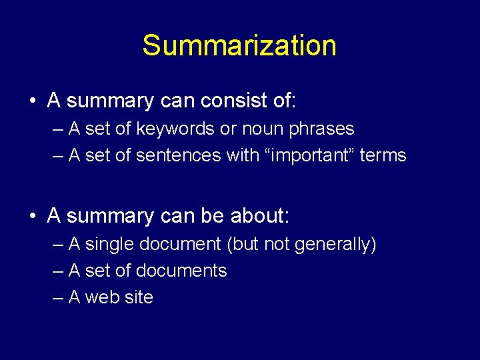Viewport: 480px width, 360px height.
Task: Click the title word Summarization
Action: pyautogui.click(x=239, y=46)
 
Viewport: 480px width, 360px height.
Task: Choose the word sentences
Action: pyautogui.click(x=179, y=155)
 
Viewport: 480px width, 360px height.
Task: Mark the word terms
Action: pyautogui.click(x=383, y=155)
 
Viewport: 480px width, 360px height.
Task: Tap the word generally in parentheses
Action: pyautogui.click(x=333, y=245)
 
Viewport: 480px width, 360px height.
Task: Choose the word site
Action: pyautogui.click(x=139, y=297)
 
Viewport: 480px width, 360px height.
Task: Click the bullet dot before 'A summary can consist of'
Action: pyautogui.click(x=32, y=102)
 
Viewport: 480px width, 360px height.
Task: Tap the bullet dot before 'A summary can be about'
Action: pyautogui.click(x=32, y=217)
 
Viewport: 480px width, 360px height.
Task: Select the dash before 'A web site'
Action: pyautogui.click(x=57, y=298)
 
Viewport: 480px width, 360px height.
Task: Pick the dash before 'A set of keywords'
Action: pyautogui.click(x=57, y=129)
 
